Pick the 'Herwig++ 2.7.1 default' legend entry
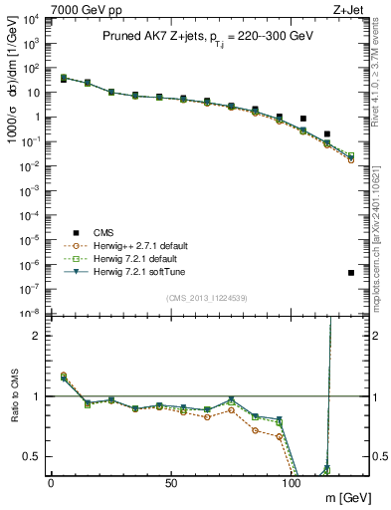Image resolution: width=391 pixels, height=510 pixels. pos(131,246)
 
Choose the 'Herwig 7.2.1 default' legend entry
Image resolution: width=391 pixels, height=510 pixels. pos(126,259)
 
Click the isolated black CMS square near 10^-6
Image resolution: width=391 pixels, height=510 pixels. pos(351,273)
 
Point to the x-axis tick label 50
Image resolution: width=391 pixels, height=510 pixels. pos(171,483)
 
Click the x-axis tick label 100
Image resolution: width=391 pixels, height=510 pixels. pos(291,483)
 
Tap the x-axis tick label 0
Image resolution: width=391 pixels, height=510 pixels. pos(51,483)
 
